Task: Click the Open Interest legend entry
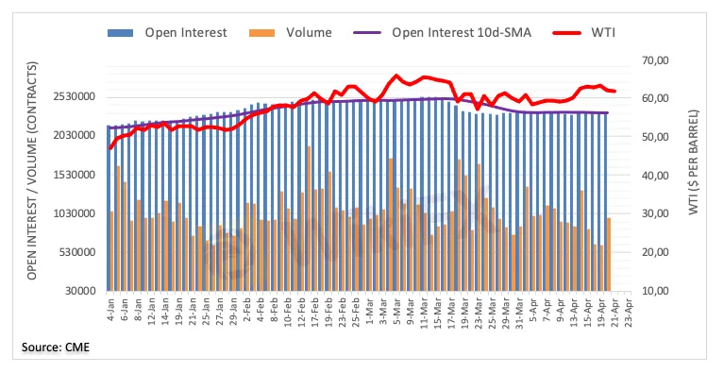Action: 167,33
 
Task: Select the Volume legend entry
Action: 290,33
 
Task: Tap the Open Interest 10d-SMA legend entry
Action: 443,33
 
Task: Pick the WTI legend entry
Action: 583,33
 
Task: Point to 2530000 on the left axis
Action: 76,97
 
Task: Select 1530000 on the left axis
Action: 76,175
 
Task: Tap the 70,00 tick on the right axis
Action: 656,60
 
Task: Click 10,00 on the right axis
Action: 656,291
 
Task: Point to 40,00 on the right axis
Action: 656,176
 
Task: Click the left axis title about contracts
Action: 31,171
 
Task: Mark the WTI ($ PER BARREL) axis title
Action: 694,162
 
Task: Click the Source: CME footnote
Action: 56,348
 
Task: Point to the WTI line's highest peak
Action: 396,76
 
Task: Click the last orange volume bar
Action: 609,254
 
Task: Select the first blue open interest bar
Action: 108,208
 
